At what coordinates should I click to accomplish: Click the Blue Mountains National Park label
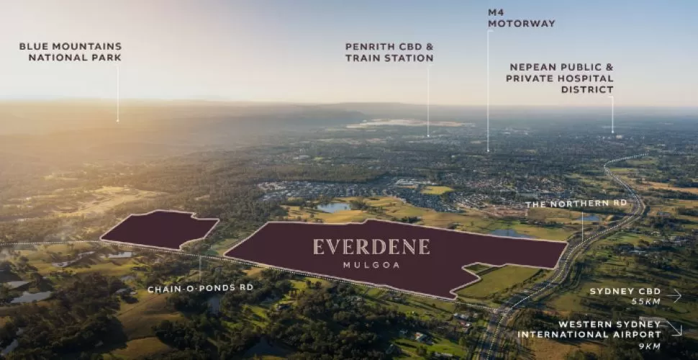coord(71,52)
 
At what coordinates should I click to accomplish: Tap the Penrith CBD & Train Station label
coord(389,52)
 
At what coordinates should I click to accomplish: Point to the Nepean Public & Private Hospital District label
coord(560,78)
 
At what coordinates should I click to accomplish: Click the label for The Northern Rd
coord(576,204)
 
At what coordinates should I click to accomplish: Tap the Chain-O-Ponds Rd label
coord(200,289)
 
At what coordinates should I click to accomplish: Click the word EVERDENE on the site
coord(371,247)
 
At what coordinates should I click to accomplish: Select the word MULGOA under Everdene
coord(371,266)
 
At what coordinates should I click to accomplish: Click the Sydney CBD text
coord(623,291)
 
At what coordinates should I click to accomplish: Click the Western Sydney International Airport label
coord(589,329)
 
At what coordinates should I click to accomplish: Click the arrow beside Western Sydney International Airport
coord(674,328)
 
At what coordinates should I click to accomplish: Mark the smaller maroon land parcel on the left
coord(160,230)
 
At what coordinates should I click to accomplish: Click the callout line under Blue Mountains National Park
coord(118,94)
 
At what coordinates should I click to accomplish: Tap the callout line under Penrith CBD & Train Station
coord(427,101)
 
